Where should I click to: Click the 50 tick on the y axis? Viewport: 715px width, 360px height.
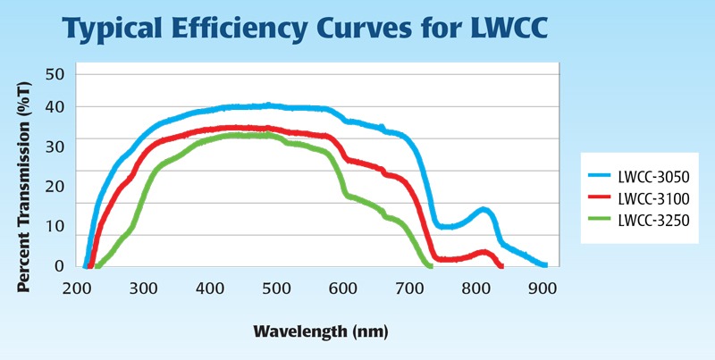(55, 72)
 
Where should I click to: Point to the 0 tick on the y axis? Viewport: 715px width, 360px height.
(59, 265)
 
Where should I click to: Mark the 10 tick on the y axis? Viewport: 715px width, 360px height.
(55, 226)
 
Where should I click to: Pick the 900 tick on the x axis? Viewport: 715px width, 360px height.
(543, 289)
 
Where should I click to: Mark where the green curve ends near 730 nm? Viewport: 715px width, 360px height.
(430, 265)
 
